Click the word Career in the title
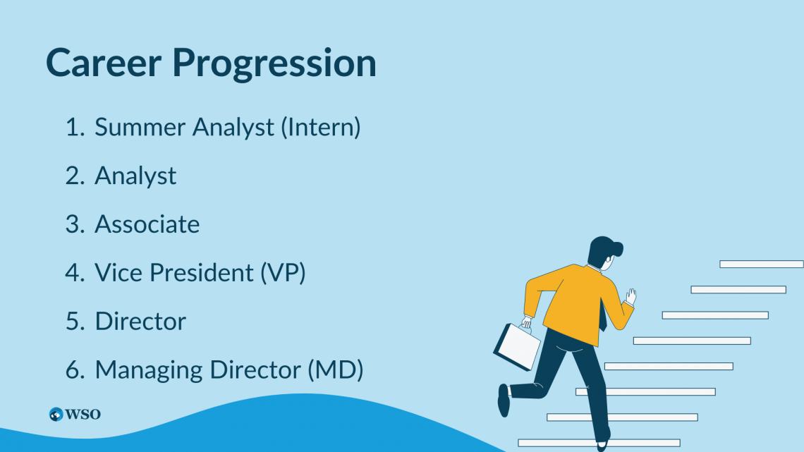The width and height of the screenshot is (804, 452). [x=104, y=63]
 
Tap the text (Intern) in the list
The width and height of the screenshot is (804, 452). [x=320, y=128]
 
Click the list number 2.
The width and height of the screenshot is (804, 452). [x=74, y=176]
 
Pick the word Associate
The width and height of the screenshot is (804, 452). [x=147, y=224]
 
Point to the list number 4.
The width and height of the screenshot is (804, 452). [x=74, y=273]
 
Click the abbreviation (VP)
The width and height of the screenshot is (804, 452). [x=283, y=273]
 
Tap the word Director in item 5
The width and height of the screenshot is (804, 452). [x=140, y=322]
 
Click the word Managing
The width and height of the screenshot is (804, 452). [x=150, y=370]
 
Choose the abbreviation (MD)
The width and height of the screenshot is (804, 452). [x=335, y=370]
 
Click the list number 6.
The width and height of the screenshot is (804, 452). [x=74, y=370]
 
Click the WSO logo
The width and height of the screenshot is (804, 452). [x=75, y=414]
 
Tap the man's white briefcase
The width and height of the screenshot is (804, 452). [x=517, y=346]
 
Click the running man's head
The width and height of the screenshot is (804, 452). [x=605, y=252]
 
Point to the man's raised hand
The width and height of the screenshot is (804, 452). [x=631, y=296]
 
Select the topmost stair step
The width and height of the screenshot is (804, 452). [x=762, y=264]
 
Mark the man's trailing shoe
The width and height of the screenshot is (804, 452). [x=504, y=401]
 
